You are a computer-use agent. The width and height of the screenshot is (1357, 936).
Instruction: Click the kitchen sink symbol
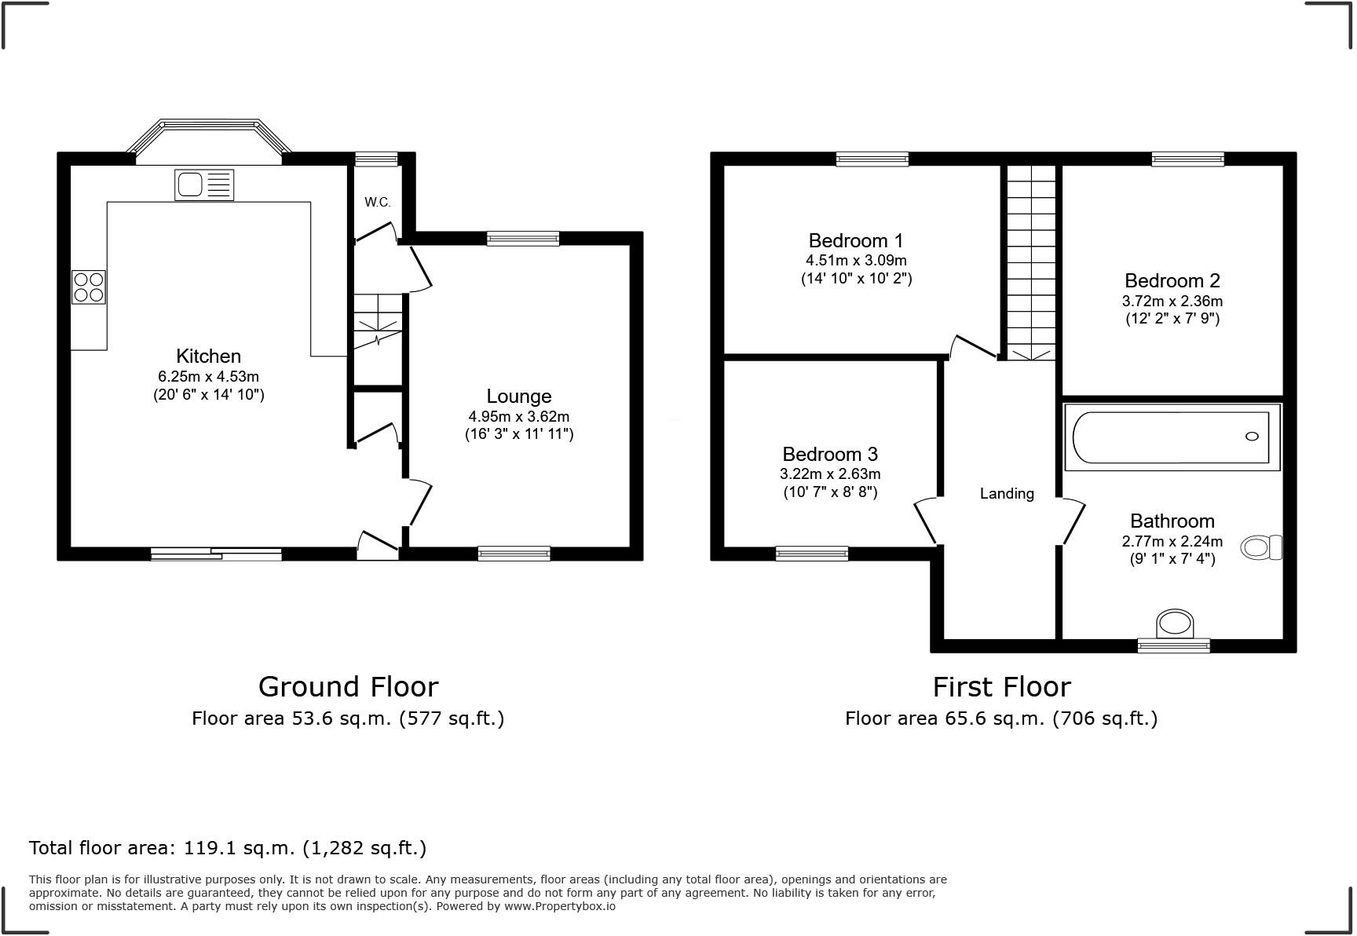point(204,185)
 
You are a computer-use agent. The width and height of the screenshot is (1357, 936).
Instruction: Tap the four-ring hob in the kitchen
point(89,287)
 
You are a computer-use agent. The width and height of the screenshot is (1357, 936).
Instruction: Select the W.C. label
point(377,202)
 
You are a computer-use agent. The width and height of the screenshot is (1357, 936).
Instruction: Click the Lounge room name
point(518,397)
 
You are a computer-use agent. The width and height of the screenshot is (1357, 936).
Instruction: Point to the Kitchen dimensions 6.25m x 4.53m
point(208,377)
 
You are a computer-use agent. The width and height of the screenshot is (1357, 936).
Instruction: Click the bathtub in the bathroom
point(1171,437)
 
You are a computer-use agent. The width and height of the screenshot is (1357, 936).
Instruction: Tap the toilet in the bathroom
point(1260,547)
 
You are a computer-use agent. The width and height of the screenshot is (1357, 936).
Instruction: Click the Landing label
point(1007,494)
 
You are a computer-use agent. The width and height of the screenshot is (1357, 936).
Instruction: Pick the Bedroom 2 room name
point(1172,280)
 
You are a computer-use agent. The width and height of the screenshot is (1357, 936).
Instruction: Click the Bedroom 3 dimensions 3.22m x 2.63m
point(830,474)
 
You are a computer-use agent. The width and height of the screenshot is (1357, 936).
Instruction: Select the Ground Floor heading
point(348,687)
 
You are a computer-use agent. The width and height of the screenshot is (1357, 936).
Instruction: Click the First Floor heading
point(1001,687)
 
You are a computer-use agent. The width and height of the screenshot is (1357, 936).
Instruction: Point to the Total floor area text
point(228,848)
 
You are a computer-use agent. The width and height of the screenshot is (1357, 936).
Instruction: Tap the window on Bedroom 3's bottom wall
point(811,554)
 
